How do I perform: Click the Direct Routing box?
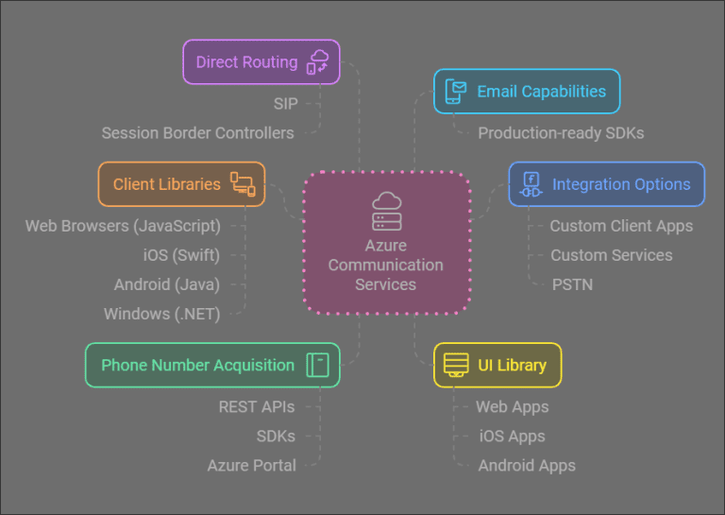pyautogui.click(x=261, y=62)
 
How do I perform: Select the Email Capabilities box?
pyautogui.click(x=527, y=92)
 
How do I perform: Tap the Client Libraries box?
pyautogui.click(x=181, y=184)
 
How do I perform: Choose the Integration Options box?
pyautogui.click(x=607, y=184)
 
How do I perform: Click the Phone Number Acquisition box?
pyautogui.click(x=212, y=365)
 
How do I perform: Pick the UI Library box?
pyautogui.click(x=497, y=365)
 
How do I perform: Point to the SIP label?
pyautogui.click(x=285, y=104)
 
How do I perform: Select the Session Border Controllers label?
pyautogui.click(x=197, y=133)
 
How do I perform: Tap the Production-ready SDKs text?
pyautogui.click(x=561, y=133)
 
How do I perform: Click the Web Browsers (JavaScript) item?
pyautogui.click(x=123, y=226)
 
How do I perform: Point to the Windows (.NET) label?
pyautogui.click(x=161, y=314)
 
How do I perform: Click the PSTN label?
pyautogui.click(x=572, y=284)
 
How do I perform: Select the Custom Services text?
pyautogui.click(x=611, y=255)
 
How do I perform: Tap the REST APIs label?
pyautogui.click(x=257, y=406)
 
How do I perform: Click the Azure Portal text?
pyautogui.click(x=252, y=465)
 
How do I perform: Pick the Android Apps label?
pyautogui.click(x=527, y=465)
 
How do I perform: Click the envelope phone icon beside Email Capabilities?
pyautogui.click(x=456, y=92)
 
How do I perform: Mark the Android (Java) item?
pyautogui.click(x=166, y=284)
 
